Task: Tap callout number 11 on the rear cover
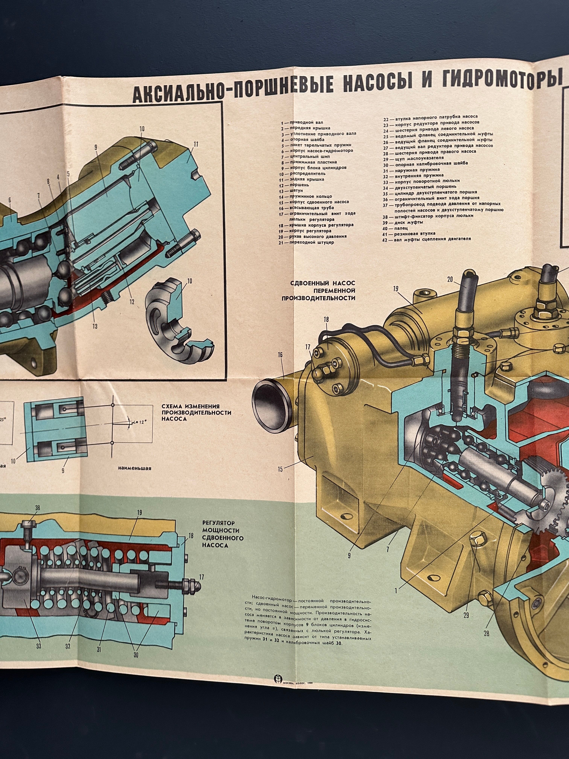[196, 144]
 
